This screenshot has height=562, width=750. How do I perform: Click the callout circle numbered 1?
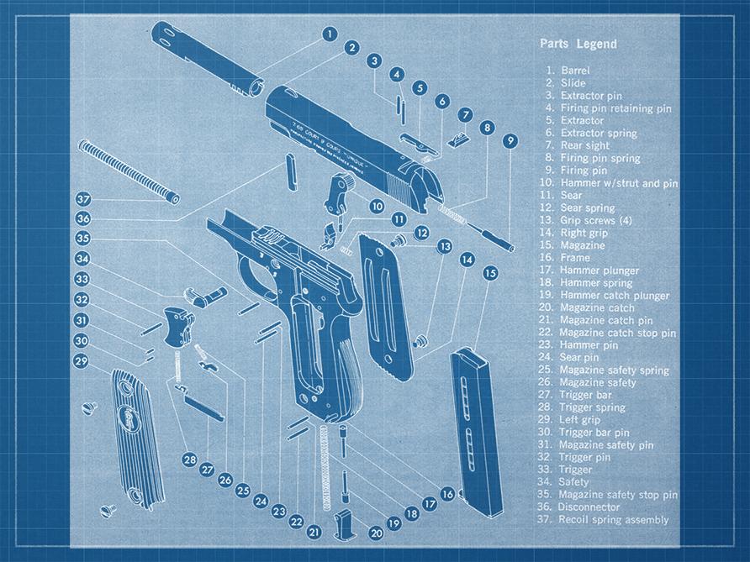pos(330,34)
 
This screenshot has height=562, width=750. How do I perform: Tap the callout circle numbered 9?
pos(510,140)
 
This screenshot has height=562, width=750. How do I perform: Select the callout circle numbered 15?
pos(490,273)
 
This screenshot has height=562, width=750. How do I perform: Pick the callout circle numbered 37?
pos(82,200)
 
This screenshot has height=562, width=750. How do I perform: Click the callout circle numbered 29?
pos(82,360)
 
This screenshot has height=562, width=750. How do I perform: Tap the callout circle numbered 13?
pos(444,245)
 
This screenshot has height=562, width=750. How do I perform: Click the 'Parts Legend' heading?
pos(578,44)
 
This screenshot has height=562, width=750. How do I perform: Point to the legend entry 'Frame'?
pos(575,258)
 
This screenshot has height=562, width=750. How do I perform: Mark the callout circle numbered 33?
pos(82,280)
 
